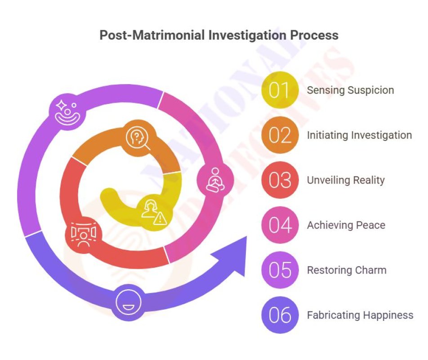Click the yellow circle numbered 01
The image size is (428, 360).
[x=280, y=90]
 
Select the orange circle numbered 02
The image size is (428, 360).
[x=280, y=135]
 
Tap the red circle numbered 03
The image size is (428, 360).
[x=280, y=180]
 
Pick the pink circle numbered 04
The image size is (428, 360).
[x=280, y=225]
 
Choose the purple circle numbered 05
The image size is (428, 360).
[x=280, y=270]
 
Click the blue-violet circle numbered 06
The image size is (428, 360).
[x=280, y=315]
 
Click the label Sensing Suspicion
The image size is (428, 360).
[x=350, y=90]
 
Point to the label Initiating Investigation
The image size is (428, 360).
[x=359, y=135]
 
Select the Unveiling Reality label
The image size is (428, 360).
[x=346, y=180]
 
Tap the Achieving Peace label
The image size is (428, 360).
[x=346, y=225]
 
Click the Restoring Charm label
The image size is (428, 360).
[x=347, y=270]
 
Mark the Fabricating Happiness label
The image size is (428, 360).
[x=360, y=315]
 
